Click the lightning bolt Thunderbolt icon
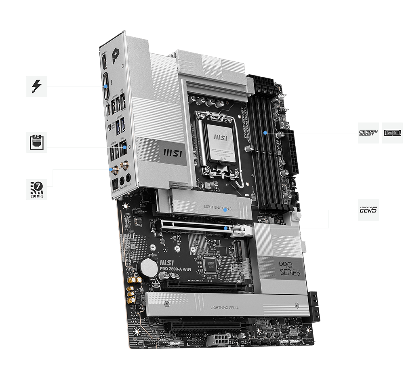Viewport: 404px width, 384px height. (37, 86)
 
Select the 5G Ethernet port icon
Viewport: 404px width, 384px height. (37, 142)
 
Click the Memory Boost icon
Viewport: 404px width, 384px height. (368, 133)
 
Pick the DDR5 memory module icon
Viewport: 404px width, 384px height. (391, 133)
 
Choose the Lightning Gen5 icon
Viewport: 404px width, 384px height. (368, 210)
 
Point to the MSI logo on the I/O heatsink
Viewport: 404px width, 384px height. (170, 153)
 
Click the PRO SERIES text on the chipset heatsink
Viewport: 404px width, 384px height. (289, 268)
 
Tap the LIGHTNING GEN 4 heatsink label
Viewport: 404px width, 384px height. (225, 308)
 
